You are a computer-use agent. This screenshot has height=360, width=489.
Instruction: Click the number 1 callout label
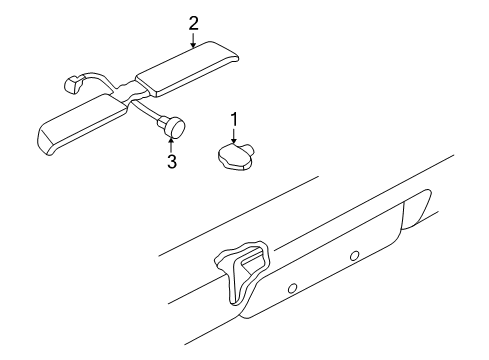click(x=234, y=122)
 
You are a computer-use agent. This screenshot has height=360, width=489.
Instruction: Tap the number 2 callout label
click(x=193, y=21)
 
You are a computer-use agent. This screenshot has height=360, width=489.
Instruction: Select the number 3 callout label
click(x=171, y=161)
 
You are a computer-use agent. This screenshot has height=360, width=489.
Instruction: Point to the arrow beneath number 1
click(x=234, y=137)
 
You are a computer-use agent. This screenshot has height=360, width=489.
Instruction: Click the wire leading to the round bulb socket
click(x=151, y=111)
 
